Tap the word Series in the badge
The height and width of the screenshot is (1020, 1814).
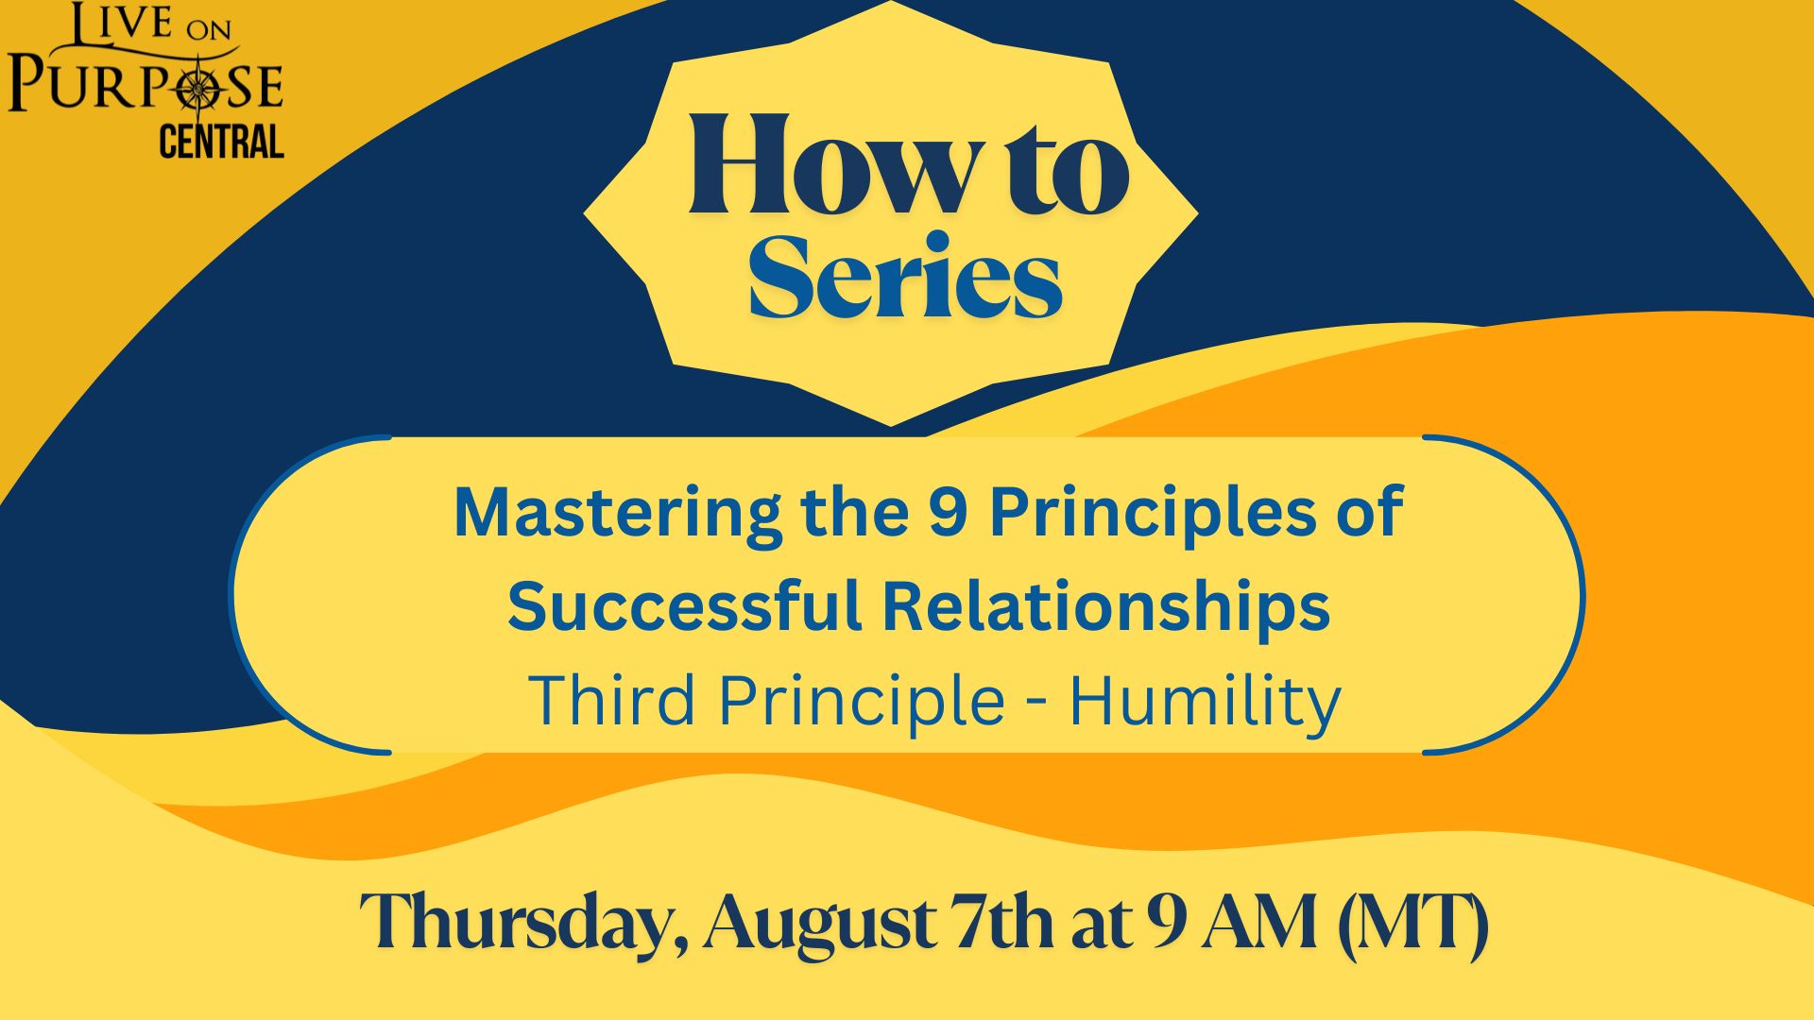click(905, 276)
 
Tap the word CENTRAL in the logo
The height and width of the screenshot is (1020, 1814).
click(221, 142)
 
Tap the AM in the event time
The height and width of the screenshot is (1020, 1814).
click(1257, 922)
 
